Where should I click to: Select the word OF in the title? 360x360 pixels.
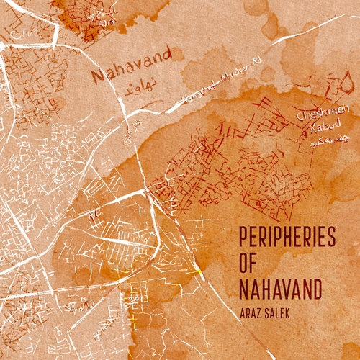pyautogui.click(x=248, y=264)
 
